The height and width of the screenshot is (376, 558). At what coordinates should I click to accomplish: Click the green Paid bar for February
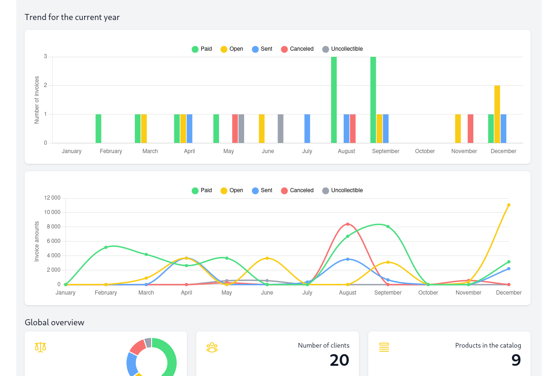(98, 128)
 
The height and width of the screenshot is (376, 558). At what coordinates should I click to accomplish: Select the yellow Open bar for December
(497, 114)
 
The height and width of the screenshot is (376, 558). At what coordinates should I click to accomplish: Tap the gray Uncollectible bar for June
(280, 128)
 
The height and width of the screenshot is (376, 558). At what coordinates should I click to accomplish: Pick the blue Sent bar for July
(307, 128)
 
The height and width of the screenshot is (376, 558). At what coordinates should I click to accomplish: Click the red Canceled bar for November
(471, 128)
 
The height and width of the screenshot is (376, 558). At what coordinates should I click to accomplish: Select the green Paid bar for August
(334, 100)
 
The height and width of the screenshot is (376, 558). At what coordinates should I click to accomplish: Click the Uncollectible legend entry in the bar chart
(342, 49)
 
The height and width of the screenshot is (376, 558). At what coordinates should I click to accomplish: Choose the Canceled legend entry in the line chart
(297, 190)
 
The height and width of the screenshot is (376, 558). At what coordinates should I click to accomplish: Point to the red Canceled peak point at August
(347, 224)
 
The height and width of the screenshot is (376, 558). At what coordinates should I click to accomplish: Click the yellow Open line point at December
(509, 205)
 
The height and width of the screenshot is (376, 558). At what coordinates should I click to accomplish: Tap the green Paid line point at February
(106, 248)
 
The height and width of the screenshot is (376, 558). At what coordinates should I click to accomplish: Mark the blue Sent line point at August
(347, 259)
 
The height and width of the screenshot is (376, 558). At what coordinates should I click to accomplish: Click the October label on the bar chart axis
(425, 151)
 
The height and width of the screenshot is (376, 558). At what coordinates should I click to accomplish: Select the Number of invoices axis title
(37, 100)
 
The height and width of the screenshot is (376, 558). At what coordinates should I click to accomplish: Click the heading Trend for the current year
(72, 17)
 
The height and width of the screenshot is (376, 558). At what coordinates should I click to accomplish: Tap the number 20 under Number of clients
(339, 360)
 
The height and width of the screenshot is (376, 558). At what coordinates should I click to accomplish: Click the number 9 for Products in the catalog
(516, 360)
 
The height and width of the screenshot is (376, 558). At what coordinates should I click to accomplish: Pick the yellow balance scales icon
(40, 347)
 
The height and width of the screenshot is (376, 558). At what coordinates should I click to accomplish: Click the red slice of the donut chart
(137, 346)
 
